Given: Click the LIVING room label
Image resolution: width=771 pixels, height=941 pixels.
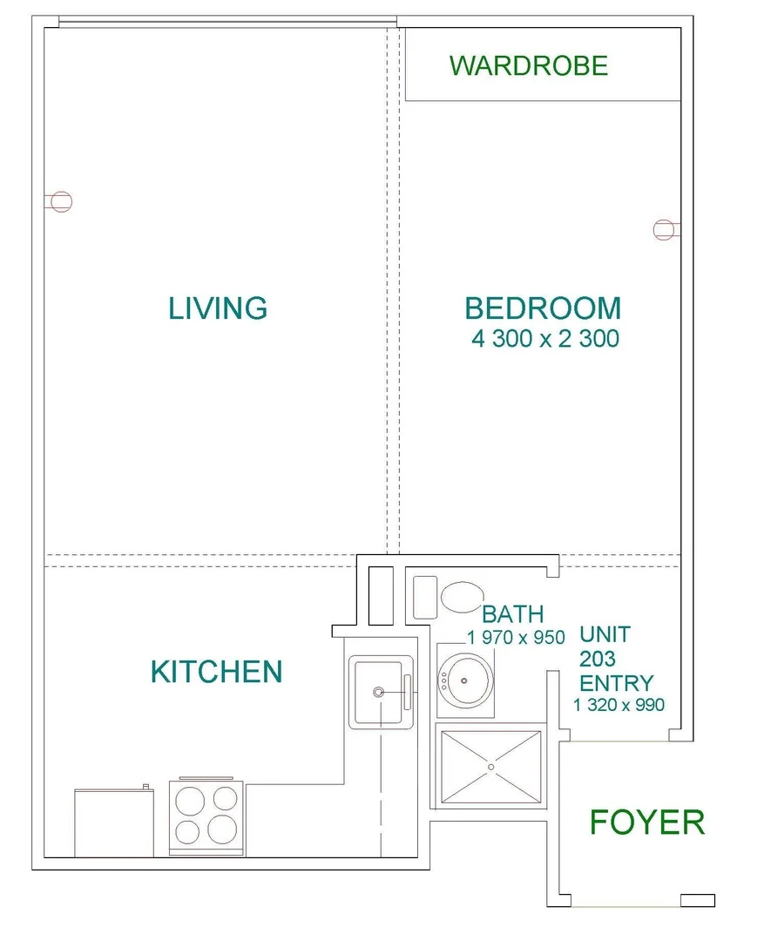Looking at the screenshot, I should point(218,308).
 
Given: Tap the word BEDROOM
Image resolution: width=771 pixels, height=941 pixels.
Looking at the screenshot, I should point(543,308).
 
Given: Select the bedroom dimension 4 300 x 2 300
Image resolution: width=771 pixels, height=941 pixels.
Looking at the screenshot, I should point(544,339).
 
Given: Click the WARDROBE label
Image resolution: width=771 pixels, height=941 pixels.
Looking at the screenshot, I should point(529,65).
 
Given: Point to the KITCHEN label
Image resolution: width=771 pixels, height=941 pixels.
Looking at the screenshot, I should point(216,672).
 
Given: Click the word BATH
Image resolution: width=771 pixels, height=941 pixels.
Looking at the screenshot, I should point(513,615).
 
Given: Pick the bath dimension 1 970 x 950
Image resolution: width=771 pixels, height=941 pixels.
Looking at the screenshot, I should point(516,638).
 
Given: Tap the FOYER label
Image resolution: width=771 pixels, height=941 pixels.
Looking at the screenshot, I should point(646,823).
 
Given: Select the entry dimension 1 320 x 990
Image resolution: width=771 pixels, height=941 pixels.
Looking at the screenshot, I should point(619,704).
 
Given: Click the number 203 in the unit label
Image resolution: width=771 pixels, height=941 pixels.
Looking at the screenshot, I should point(599,659).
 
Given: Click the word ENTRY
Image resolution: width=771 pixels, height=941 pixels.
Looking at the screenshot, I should point(617,682).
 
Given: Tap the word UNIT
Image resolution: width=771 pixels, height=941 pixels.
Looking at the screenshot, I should point(605,634).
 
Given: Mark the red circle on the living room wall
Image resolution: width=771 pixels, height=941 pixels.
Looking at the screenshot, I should point(60,201).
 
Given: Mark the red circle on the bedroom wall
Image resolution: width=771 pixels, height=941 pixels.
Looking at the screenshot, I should point(663,229).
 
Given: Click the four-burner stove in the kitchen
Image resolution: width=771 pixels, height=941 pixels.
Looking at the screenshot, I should point(206,815).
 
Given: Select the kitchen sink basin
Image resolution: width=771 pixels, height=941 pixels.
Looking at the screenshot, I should point(378,692).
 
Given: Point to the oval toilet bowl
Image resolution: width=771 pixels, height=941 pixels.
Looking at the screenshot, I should point(461,598).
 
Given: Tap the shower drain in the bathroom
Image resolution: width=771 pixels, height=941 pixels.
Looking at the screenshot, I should point(490,767).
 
